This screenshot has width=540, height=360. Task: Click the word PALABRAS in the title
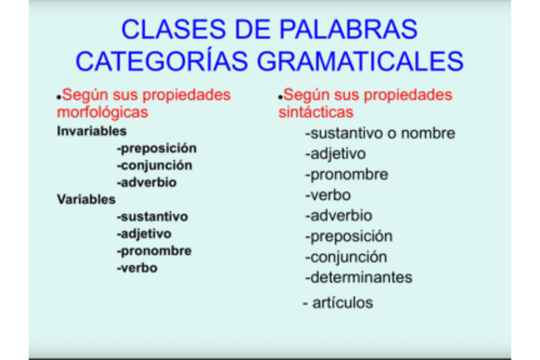click(x=348, y=29)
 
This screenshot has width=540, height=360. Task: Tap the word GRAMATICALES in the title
click(x=360, y=61)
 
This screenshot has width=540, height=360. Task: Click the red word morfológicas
click(x=103, y=112)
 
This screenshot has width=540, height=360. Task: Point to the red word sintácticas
click(x=316, y=112)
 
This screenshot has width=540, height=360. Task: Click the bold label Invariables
click(x=92, y=131)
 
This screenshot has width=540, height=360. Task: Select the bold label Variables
click(x=86, y=199)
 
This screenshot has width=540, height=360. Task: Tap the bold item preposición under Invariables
click(x=157, y=148)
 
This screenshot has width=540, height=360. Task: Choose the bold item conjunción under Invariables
click(x=154, y=166)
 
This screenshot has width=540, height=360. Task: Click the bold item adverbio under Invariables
click(x=146, y=182)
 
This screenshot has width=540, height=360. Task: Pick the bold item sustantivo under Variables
click(x=152, y=217)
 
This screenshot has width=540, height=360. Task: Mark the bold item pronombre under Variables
click(x=154, y=251)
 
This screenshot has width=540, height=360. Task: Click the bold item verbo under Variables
click(x=137, y=268)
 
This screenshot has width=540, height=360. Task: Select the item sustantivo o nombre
click(x=380, y=133)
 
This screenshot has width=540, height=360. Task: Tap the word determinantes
click(x=359, y=277)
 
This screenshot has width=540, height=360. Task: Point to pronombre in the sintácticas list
click(x=346, y=175)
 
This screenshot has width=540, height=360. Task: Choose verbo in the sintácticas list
click(x=328, y=196)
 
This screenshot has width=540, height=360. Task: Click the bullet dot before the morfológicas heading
click(x=59, y=97)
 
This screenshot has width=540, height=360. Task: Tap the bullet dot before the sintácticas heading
click(x=280, y=97)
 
